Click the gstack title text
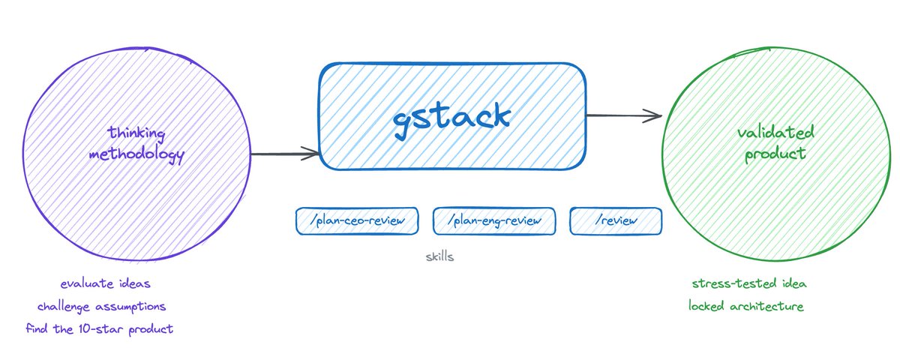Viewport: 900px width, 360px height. coord(452,116)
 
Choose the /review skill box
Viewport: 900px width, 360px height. coord(616,220)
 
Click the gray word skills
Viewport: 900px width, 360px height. coord(439,256)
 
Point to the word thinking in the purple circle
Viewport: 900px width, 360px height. coord(136,133)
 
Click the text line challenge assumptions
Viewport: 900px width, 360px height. coord(101,307)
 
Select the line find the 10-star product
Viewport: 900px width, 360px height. coord(99,329)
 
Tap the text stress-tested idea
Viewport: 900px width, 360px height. coord(748,284)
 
